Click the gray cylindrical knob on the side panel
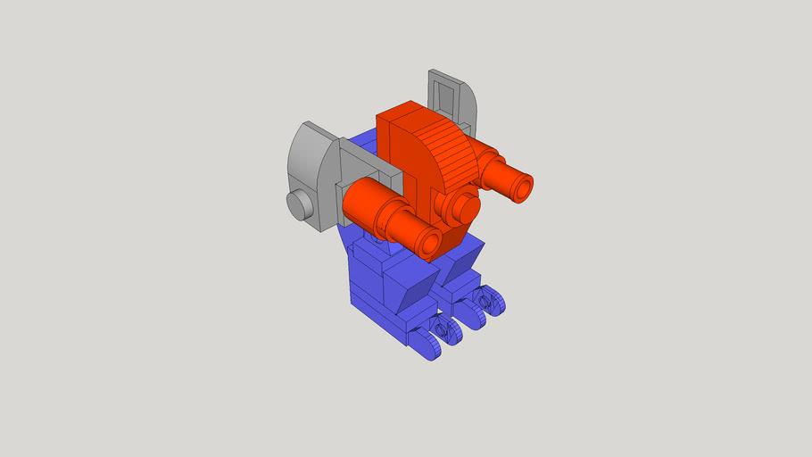tap(301, 204)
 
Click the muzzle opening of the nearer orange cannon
tap(430, 243)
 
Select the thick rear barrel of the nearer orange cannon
tap(365, 200)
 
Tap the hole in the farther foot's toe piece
tap(486, 301)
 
